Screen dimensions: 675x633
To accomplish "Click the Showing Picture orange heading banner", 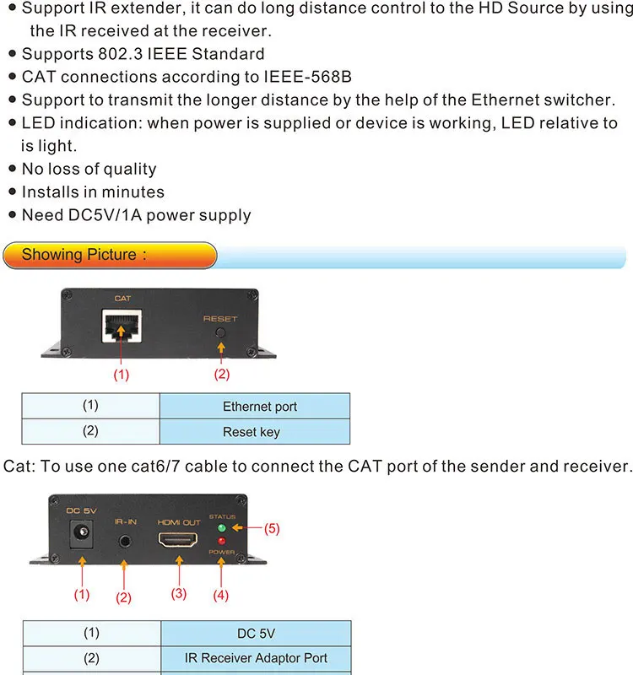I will pos(110,255).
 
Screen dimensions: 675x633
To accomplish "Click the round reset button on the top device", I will pos(221,332).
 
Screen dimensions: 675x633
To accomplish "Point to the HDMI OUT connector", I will pos(178,540).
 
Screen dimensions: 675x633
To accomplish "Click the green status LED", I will pos(221,529).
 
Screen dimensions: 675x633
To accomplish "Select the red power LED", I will pos(221,542).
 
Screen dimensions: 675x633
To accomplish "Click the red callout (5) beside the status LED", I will pos(271,529).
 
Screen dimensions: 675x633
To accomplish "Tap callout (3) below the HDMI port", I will pos(178,593).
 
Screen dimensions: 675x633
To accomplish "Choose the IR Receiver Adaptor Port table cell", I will pos(256,658).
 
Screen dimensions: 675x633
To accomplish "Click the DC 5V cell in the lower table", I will pos(256,633).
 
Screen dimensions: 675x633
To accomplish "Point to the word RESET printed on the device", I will pos(220,319).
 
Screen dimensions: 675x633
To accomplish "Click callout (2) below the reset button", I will pos(222,374).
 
